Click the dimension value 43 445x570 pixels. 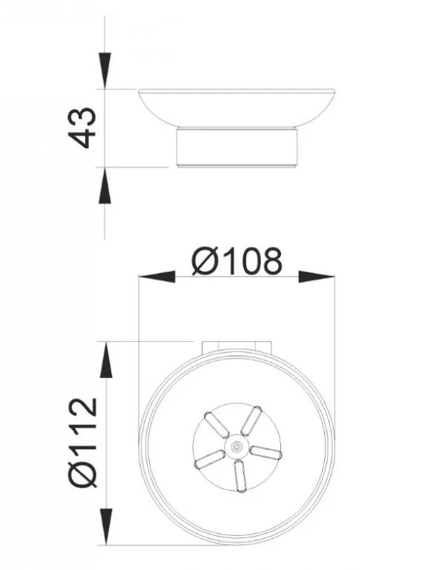coord(82,127)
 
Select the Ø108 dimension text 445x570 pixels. coord(237,261)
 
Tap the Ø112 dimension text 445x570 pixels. coord(82,443)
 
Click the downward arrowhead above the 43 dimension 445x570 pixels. coord(105,70)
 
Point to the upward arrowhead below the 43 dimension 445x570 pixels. coord(105,185)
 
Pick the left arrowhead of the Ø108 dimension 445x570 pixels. coord(156,276)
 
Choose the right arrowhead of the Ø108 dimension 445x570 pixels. coord(317,276)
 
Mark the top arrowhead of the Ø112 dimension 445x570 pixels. coord(105,360)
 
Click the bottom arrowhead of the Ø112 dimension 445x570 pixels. coord(105,527)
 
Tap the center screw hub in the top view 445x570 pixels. coord(237,446)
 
